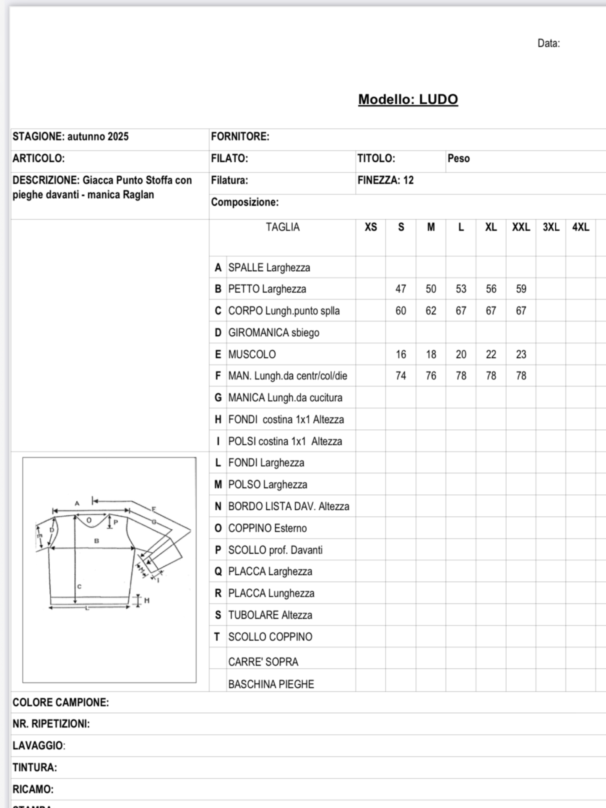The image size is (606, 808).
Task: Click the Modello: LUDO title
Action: point(408,99)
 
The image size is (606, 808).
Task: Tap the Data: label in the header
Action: point(548,44)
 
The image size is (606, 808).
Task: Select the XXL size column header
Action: point(521,227)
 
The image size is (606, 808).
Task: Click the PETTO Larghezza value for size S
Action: point(401,289)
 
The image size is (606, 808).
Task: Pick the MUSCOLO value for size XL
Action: point(491,354)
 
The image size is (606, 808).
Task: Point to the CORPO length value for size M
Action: point(431,311)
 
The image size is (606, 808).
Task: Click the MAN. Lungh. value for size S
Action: point(401,376)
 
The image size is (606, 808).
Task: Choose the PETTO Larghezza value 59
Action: point(521,289)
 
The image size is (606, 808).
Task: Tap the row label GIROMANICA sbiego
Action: point(273,333)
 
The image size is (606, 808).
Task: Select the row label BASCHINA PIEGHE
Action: point(271,684)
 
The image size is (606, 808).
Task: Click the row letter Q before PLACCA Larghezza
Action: point(218,572)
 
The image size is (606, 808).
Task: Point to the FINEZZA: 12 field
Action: point(385,180)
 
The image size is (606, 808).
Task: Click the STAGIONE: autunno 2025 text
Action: point(70,137)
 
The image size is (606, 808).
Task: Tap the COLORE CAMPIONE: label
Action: point(61,702)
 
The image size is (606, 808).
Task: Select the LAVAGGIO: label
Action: point(39,746)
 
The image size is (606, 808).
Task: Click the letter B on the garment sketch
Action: point(96,541)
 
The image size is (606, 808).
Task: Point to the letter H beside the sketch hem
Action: point(147,600)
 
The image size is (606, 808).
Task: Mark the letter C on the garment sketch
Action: point(79,586)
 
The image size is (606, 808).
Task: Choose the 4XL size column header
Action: point(580,227)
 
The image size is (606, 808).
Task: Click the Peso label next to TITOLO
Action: point(458,158)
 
